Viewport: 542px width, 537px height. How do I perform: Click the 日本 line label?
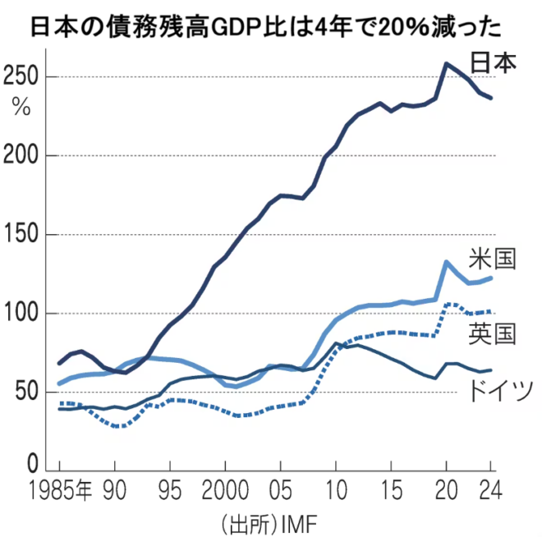pyautogui.click(x=494, y=62)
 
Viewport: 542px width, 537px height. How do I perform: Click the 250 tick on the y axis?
pyautogui.click(x=21, y=77)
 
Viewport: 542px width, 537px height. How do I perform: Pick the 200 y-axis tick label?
pyautogui.click(x=21, y=156)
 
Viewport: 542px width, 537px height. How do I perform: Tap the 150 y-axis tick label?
pyautogui.click(x=21, y=235)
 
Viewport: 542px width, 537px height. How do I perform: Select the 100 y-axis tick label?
pyautogui.click(x=21, y=314)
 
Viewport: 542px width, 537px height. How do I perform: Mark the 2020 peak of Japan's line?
pyautogui.click(x=446, y=63)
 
